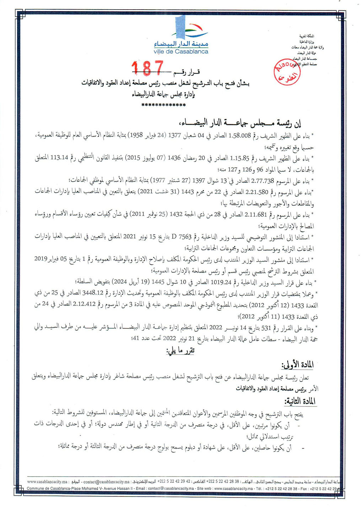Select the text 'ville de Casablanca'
181,52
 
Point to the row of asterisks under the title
164,105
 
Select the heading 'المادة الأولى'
297,365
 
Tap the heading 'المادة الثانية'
300,401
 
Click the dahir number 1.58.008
240,136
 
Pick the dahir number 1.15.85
240,158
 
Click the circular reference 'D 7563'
182,237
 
